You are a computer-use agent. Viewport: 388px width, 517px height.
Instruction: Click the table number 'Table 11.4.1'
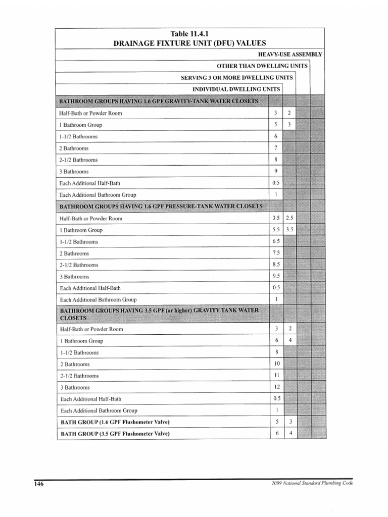point(189,34)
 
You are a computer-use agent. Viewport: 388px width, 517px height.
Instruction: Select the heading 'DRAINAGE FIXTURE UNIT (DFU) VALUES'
point(189,43)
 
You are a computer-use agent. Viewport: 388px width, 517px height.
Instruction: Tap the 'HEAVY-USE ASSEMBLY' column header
point(290,55)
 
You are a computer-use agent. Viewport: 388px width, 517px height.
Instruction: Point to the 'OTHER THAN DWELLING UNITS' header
point(260,66)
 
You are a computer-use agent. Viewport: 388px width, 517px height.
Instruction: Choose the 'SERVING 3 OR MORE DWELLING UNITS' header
point(236,78)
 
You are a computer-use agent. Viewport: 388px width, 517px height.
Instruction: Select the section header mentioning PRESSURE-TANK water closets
point(161,206)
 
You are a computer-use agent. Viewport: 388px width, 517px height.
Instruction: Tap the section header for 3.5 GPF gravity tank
point(159,314)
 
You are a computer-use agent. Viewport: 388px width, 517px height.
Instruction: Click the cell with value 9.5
point(276,276)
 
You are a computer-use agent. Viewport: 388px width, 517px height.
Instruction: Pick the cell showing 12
point(276,387)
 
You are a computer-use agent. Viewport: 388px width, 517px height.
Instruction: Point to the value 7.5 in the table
point(276,253)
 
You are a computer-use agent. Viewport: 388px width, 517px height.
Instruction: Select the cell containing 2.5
point(289,218)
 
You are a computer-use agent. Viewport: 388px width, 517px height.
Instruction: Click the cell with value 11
point(276,376)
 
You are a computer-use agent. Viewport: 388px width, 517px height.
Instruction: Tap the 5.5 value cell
point(276,230)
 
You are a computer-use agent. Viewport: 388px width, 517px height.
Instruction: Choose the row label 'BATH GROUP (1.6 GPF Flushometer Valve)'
point(115,422)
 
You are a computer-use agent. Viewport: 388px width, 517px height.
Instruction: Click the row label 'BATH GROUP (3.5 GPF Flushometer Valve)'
point(115,434)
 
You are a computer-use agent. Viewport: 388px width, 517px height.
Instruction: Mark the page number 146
point(39,484)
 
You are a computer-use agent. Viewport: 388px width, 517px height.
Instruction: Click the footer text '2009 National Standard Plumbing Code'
point(312,483)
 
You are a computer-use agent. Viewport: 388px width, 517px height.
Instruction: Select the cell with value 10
point(276,364)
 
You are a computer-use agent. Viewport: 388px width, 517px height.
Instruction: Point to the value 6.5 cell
point(276,241)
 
